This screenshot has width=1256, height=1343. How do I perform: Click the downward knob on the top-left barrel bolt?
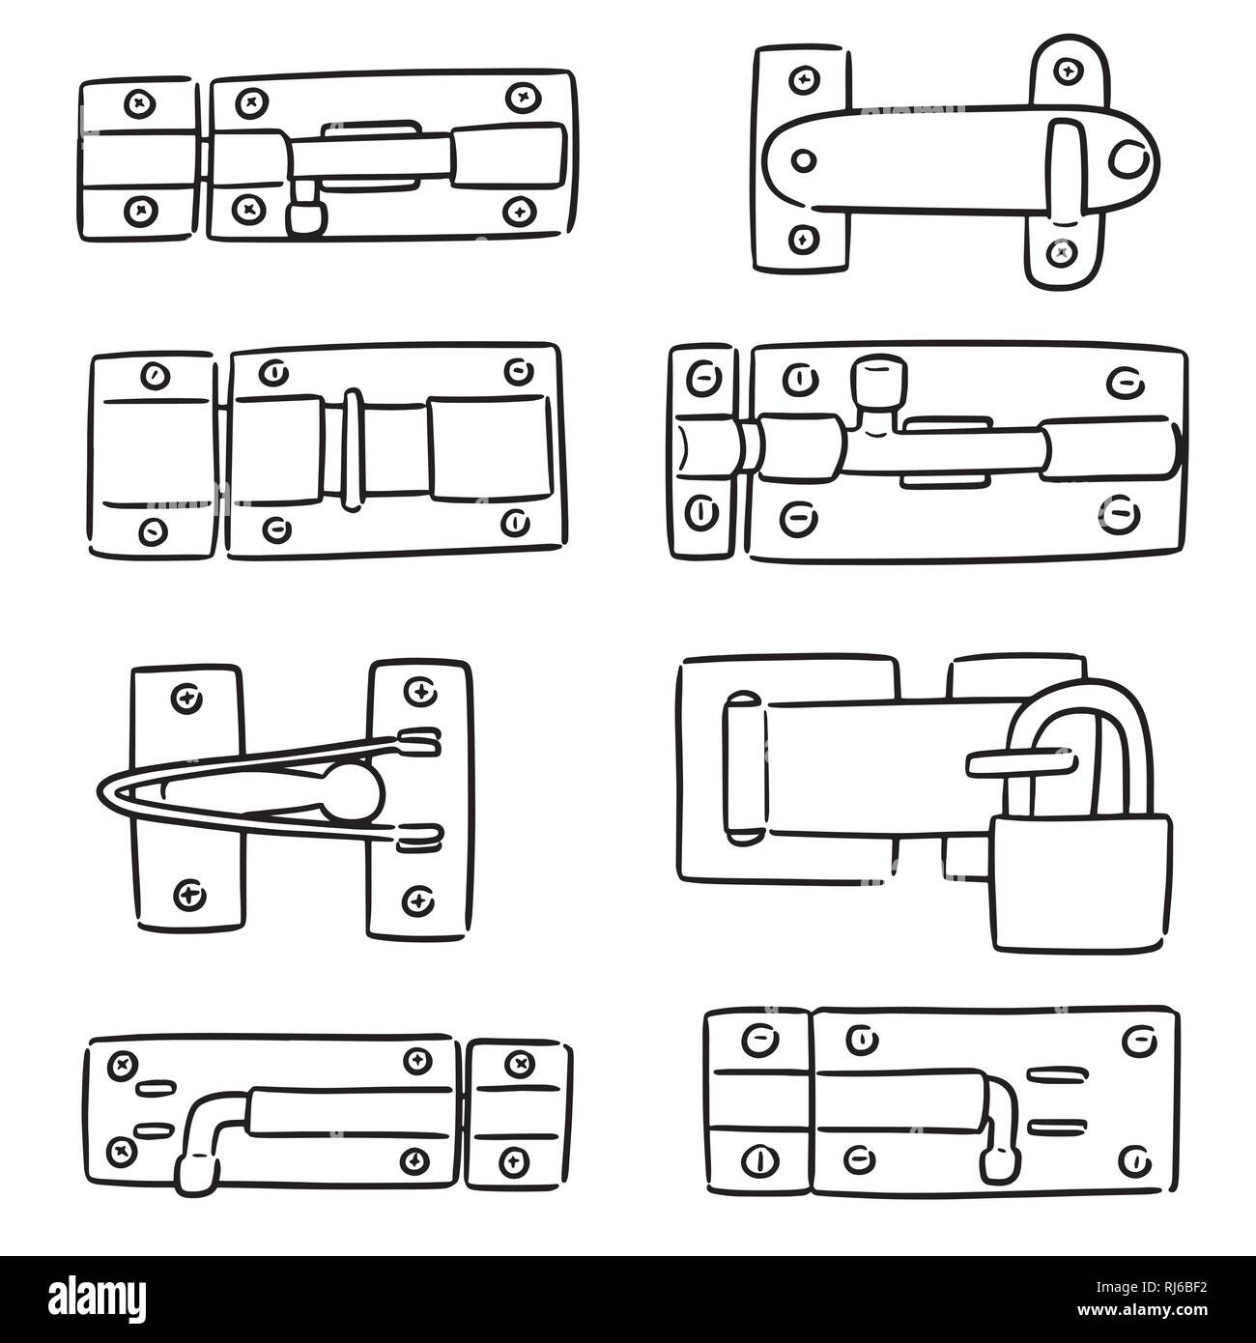(305, 217)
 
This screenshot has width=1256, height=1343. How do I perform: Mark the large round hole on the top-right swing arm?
(1128, 159)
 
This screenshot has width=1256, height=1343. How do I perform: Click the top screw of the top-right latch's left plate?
(801, 79)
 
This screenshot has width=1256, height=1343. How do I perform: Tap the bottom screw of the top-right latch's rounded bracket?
(1064, 252)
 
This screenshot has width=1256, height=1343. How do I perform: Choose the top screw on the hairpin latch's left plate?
(185, 696)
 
